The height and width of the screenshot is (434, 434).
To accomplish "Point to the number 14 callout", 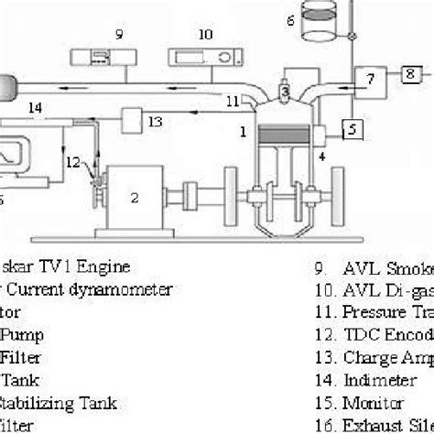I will click(x=36, y=108).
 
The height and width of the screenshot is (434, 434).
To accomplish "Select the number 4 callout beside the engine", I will click(x=321, y=157).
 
